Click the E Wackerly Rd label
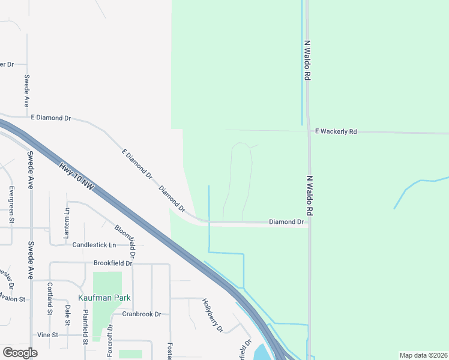(x=336, y=131)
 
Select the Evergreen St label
(x=11, y=205)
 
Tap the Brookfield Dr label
(x=112, y=263)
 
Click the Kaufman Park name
(x=104, y=298)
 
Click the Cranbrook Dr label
(x=142, y=314)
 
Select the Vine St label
(x=47, y=335)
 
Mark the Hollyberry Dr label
(x=212, y=316)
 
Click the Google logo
(x=20, y=353)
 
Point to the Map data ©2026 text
(x=423, y=355)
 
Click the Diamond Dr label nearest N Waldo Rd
(x=286, y=222)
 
